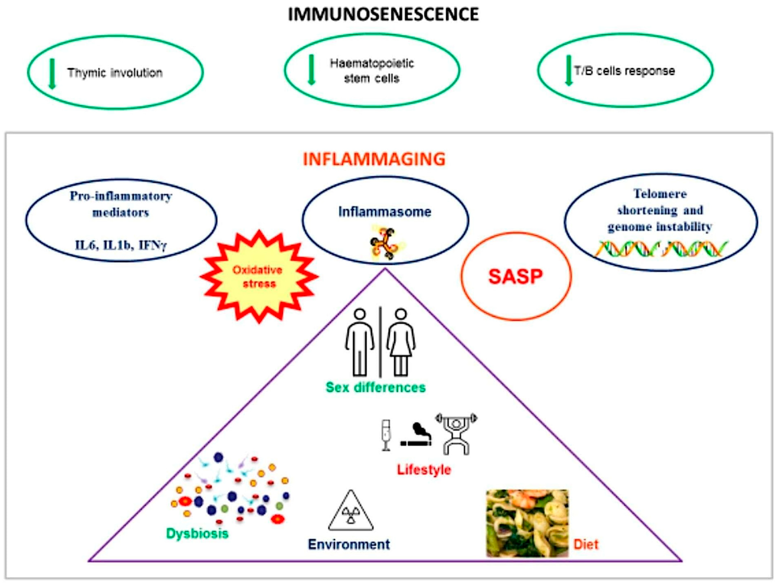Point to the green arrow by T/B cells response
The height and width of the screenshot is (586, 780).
[568, 71]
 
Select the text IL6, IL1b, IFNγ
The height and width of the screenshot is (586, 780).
[121, 245]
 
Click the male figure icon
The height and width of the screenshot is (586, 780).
[359, 342]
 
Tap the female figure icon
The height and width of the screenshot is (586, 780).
[401, 342]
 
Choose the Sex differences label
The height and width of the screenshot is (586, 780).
[376, 387]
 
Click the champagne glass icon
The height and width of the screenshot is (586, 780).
[386, 435]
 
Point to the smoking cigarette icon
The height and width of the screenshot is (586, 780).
[416, 436]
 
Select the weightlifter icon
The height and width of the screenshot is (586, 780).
[456, 434]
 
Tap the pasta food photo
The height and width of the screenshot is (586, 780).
[527, 523]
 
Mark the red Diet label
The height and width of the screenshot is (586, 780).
[586, 544]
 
